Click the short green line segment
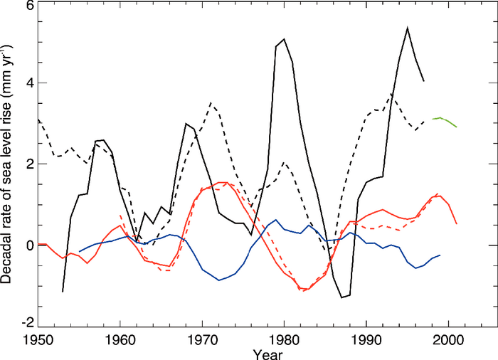point(445,120)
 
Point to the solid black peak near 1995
point(407,28)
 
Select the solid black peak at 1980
point(285,40)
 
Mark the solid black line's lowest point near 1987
point(342,297)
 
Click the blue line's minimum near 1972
point(219,280)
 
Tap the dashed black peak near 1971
point(211,103)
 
